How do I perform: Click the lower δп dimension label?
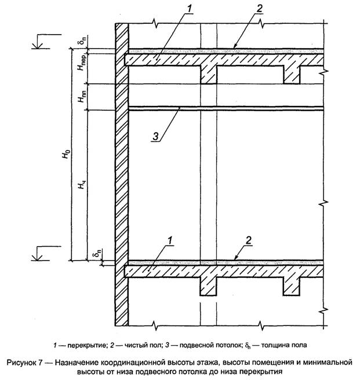click(96, 255)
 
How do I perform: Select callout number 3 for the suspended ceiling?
click(156, 136)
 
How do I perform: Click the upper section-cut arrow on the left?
click(37, 42)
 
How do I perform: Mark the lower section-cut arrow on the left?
click(37, 253)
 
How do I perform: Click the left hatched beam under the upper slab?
click(209, 74)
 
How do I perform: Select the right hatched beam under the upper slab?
click(292, 74)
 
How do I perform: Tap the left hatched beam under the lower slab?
click(209, 285)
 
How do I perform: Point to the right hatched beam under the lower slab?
click(292, 285)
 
